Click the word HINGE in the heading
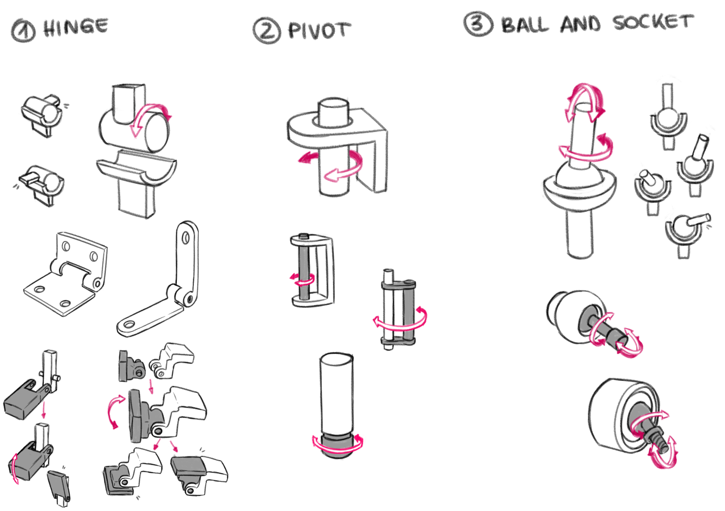[x=76, y=27]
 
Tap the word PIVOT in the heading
[x=319, y=30]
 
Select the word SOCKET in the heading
[x=653, y=22]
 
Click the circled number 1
[x=23, y=31]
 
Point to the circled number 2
[x=267, y=30]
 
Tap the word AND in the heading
[x=580, y=23]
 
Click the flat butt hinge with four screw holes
[x=66, y=275]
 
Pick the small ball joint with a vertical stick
[x=668, y=119]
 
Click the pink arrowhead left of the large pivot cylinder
[x=305, y=157]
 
